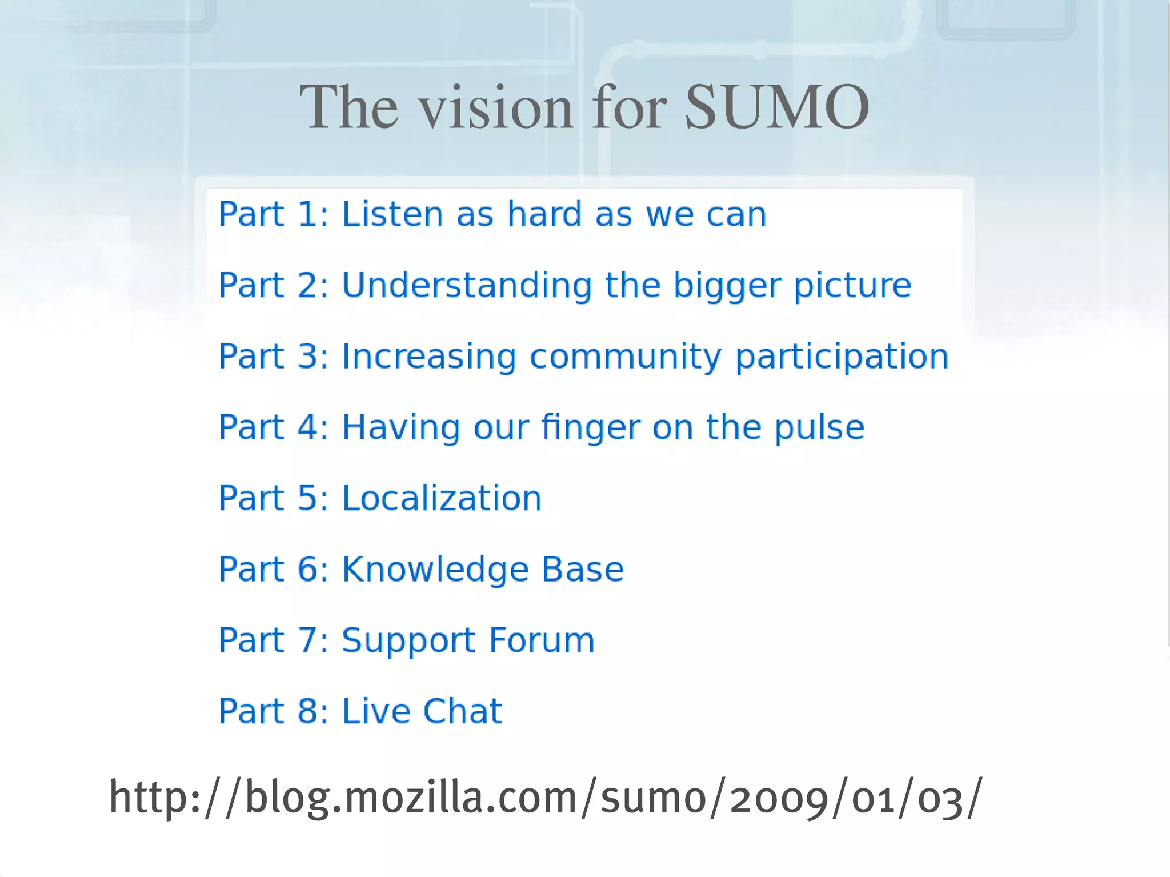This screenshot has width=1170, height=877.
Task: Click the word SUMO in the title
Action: (777, 107)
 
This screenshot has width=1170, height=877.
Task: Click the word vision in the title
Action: (496, 107)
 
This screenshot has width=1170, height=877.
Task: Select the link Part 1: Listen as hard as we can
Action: (492, 215)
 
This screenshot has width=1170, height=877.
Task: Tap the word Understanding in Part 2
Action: (467, 286)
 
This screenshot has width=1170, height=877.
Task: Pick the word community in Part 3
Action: (626, 358)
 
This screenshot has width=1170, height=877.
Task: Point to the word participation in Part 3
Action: (842, 358)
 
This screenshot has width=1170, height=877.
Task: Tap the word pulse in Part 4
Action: (819, 429)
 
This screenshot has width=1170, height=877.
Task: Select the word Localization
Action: (442, 498)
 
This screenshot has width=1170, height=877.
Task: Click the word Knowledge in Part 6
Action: (435, 570)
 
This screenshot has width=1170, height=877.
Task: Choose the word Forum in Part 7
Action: (542, 640)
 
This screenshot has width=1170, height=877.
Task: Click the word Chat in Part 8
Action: (462, 711)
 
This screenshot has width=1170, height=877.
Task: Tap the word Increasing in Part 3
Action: (429, 358)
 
